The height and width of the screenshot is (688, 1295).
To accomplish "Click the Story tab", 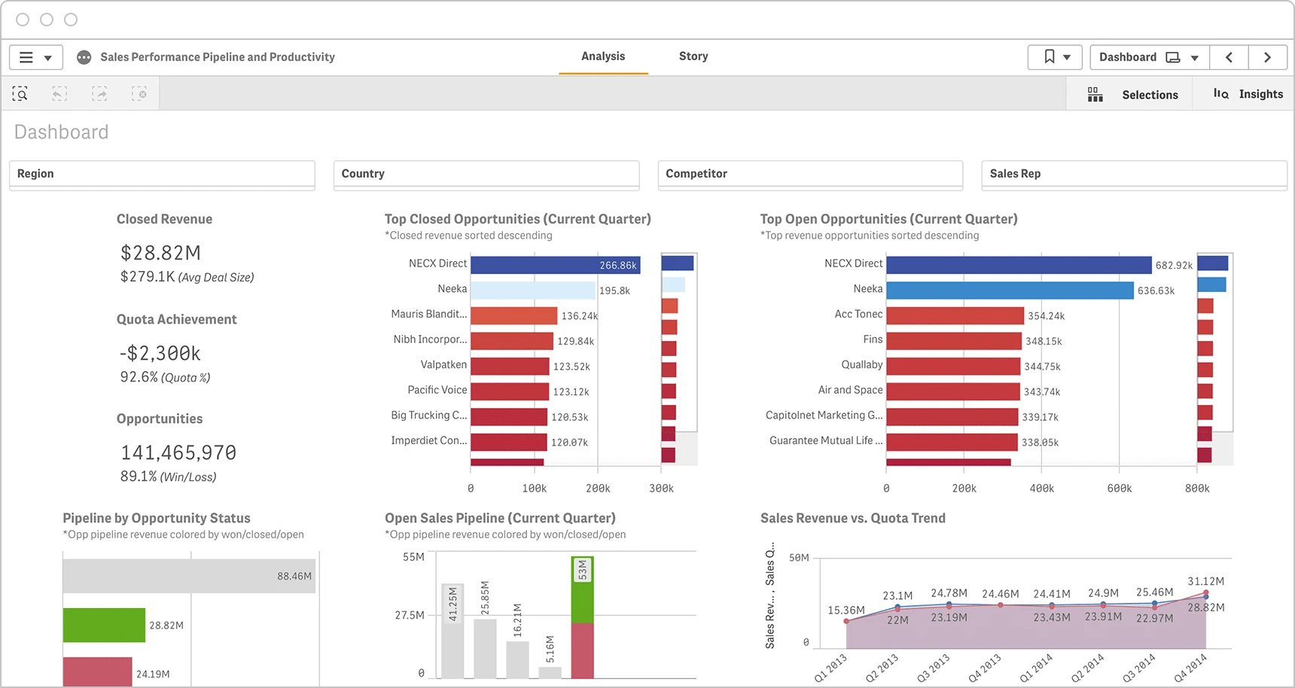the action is coord(693,56).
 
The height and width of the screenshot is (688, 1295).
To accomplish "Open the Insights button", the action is coord(1248,94).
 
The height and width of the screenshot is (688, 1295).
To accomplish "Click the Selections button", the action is coord(1133,95).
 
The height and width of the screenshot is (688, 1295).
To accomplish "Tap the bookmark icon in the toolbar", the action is coord(1050,56).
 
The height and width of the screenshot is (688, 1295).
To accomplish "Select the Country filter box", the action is coord(486,174).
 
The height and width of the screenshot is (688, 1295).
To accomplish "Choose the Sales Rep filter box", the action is coord(1135,174).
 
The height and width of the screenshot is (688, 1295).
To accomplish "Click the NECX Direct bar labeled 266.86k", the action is coord(556,265).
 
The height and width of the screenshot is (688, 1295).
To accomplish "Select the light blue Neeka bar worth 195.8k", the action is coord(533,291).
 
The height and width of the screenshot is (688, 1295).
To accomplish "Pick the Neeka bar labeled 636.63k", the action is coord(1010,291).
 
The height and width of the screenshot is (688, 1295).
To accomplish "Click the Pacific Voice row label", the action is coord(437,390).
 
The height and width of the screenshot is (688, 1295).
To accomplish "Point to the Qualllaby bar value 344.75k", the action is coord(1042,367).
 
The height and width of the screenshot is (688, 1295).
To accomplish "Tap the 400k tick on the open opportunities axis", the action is coord(1042,489).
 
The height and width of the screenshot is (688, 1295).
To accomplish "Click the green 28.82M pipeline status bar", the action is coord(104,625).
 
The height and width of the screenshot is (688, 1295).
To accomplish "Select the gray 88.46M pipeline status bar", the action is coord(189,576).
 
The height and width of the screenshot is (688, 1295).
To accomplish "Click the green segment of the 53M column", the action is coord(583,590).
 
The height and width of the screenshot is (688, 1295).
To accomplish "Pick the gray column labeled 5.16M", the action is coord(550,672).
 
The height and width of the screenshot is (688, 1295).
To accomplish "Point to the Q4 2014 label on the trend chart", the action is coord(1190,668).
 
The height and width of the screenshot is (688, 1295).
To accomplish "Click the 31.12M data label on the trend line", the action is coord(1206,581).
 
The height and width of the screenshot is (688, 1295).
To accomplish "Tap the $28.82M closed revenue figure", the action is coord(160,253).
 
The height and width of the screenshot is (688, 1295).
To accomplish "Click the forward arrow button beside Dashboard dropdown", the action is coord(1268,57).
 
